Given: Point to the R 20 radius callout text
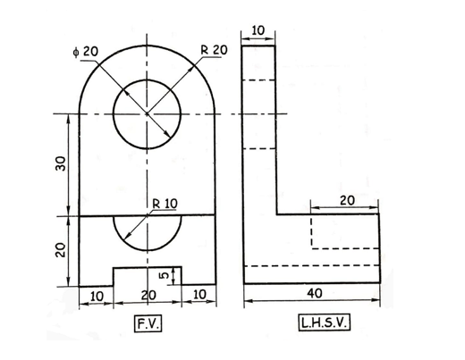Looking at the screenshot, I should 214,51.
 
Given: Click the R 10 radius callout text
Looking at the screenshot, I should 165,204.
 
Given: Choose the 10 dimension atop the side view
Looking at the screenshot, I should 259,31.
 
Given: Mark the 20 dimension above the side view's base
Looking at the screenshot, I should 346,200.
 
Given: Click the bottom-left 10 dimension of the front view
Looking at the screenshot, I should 96,295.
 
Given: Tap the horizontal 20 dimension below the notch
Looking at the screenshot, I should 147,295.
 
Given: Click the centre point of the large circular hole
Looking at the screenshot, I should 147,113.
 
